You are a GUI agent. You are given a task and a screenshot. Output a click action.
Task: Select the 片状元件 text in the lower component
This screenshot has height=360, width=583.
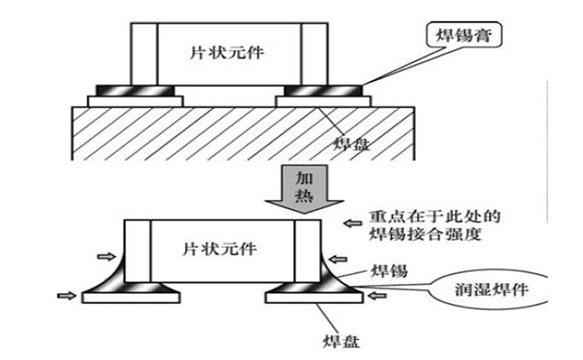(x=221, y=250)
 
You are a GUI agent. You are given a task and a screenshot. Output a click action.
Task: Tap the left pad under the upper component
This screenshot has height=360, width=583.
(x=137, y=101)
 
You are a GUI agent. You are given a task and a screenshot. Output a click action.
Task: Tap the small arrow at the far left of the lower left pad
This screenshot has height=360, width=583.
(x=66, y=295)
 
